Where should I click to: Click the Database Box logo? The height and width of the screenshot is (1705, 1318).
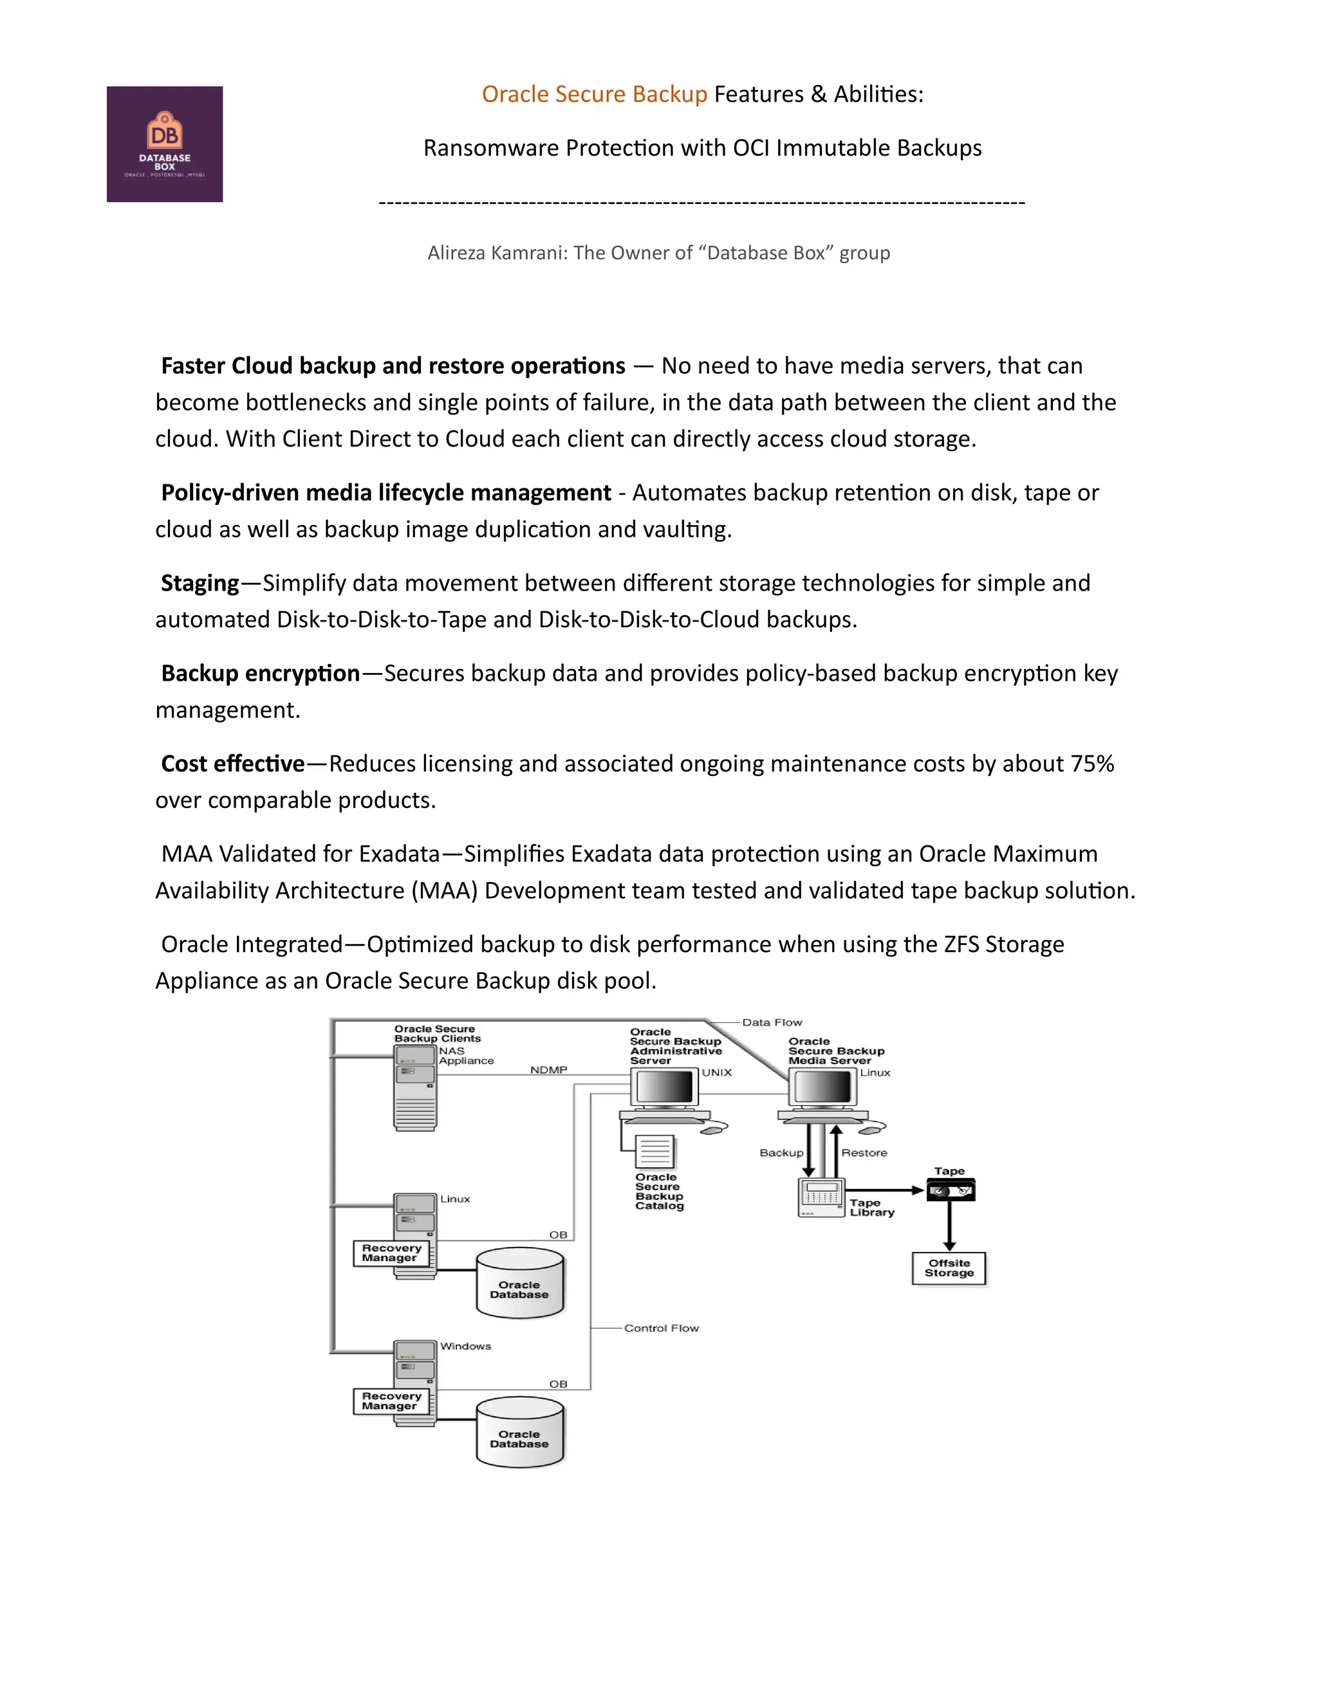pos(165,144)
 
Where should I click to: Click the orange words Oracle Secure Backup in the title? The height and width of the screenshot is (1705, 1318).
pos(594,95)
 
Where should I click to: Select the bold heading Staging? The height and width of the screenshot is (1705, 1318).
pos(200,583)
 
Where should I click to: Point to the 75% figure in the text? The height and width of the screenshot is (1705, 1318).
pos(1091,764)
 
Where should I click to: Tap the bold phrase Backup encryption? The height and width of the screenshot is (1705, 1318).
pos(260,674)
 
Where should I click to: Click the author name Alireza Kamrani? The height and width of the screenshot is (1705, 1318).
pos(497,253)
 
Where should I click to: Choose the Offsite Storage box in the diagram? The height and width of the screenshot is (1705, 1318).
pos(949,1268)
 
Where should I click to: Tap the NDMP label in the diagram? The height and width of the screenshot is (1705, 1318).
pos(549,1069)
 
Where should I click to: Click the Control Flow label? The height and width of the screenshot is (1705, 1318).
pos(662,1328)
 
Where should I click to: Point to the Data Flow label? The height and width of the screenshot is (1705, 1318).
pos(772,1022)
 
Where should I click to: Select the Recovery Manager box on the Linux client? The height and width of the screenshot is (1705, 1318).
pos(391,1253)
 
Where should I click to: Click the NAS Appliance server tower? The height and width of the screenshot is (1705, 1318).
pos(415,1087)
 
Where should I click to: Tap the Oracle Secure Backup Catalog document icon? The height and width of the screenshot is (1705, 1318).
pos(655,1152)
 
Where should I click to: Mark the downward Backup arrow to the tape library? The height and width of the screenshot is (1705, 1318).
pos(810,1151)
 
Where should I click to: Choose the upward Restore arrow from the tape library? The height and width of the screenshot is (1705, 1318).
pos(835,1151)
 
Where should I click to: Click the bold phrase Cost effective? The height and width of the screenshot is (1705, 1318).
pos(233,764)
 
